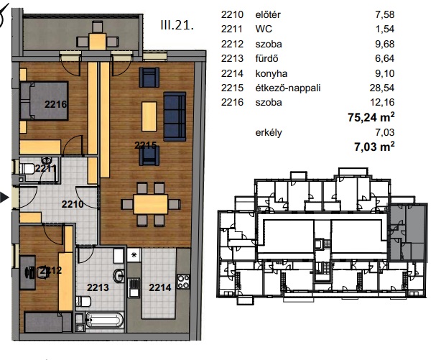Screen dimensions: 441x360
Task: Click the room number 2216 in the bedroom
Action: [56, 104]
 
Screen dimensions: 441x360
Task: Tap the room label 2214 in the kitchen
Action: [160, 287]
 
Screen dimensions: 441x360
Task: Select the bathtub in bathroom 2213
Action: [104, 320]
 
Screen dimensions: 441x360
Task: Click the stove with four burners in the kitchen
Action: [183, 282]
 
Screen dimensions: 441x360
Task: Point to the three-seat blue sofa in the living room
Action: [175, 116]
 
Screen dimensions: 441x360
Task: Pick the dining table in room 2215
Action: [150, 204]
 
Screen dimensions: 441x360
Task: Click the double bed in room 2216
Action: [44, 101]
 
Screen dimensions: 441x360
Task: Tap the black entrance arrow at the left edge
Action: [4, 198]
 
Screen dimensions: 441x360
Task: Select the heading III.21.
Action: [177, 25]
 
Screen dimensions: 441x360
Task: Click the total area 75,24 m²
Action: [371, 117]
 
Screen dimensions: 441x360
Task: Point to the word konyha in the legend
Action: [271, 73]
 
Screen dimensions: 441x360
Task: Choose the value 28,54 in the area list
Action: [382, 88]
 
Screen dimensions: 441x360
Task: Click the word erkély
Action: [269, 132]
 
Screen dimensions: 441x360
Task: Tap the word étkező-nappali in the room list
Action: [288, 88]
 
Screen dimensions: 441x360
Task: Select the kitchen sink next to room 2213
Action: [134, 287]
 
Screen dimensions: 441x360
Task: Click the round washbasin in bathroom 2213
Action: [119, 275]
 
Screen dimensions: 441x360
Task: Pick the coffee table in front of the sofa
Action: [149, 116]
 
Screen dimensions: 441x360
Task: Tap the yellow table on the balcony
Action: [97, 42]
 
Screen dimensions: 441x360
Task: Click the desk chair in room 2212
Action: [43, 272]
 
